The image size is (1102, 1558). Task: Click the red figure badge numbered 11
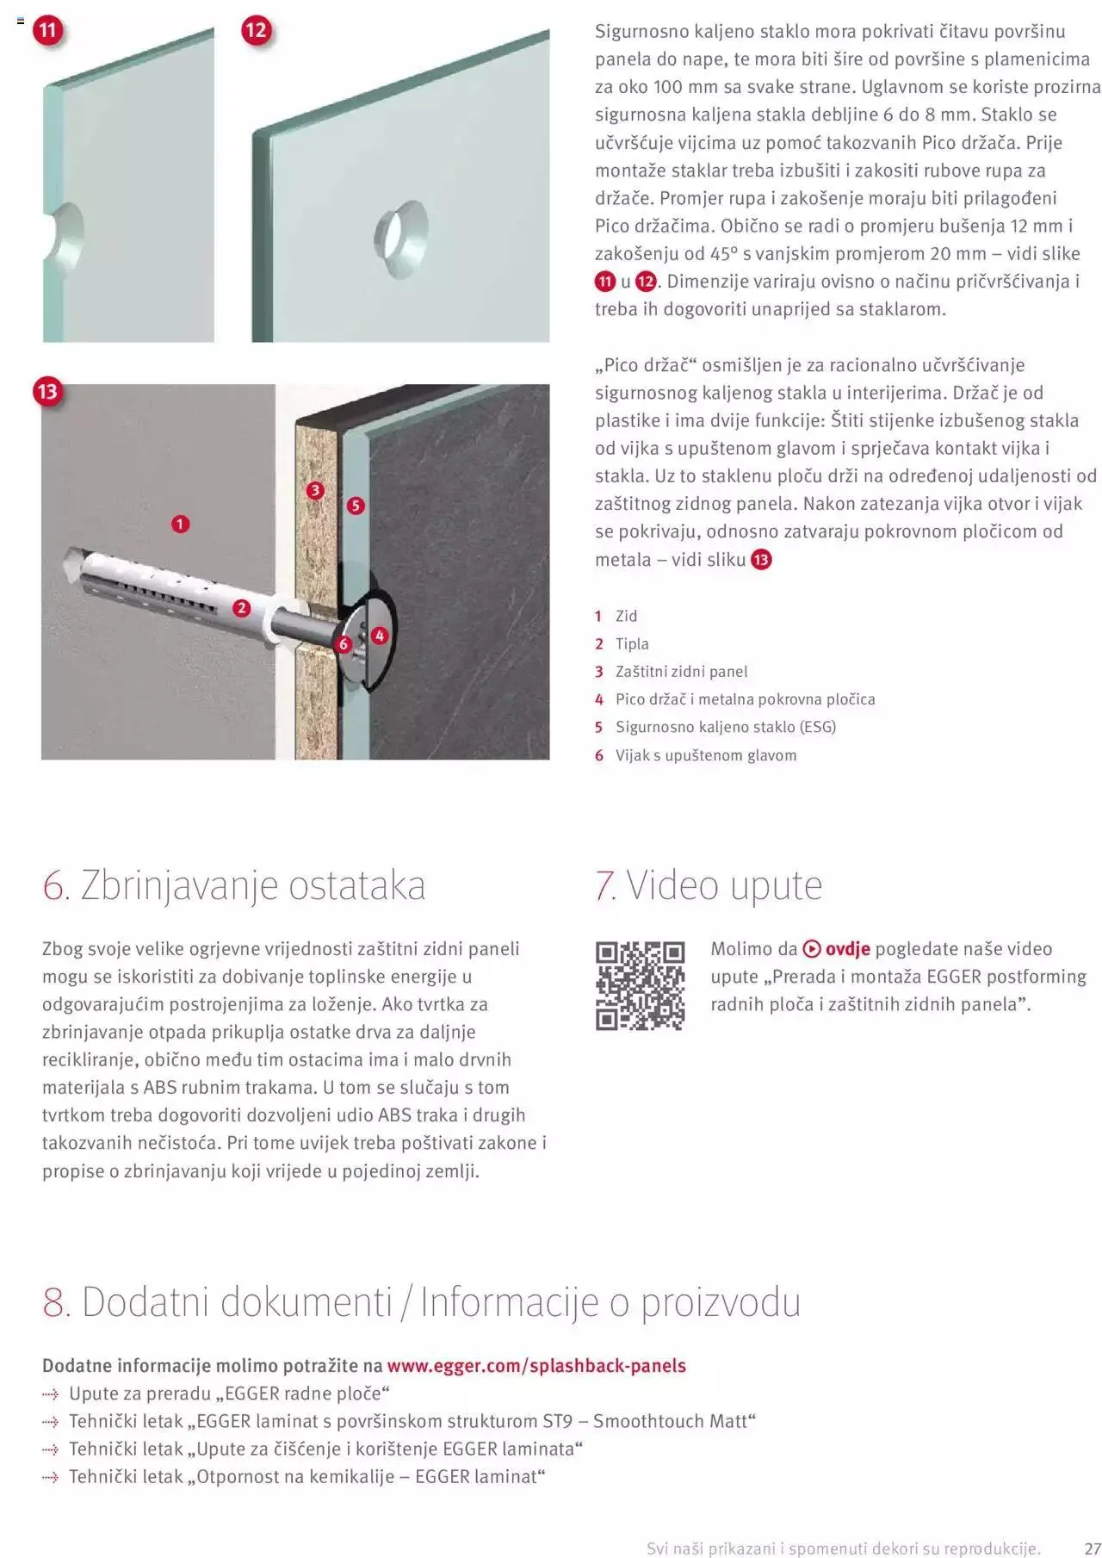tap(47, 31)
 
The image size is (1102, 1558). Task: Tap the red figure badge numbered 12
tap(256, 31)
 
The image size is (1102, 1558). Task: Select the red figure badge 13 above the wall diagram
tap(47, 392)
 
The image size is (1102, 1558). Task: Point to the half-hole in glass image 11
tap(67, 234)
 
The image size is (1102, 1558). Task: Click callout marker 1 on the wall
tap(180, 524)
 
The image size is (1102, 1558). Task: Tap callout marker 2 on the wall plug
tap(241, 608)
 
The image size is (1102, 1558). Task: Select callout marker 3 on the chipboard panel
tap(315, 490)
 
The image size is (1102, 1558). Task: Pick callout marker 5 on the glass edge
tap(356, 506)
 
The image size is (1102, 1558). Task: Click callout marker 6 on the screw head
tap(344, 643)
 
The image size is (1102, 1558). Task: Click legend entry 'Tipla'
tap(632, 644)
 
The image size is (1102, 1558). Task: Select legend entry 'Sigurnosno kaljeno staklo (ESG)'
tap(725, 727)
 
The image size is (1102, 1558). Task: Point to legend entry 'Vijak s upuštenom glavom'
tap(705, 755)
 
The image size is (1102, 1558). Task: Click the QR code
tap(640, 985)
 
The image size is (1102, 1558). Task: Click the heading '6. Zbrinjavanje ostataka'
tap(234, 885)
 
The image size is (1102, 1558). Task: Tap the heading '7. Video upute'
tap(709, 885)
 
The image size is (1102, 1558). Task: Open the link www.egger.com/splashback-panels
tap(536, 1365)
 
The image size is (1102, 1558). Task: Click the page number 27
tap(1092, 1548)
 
